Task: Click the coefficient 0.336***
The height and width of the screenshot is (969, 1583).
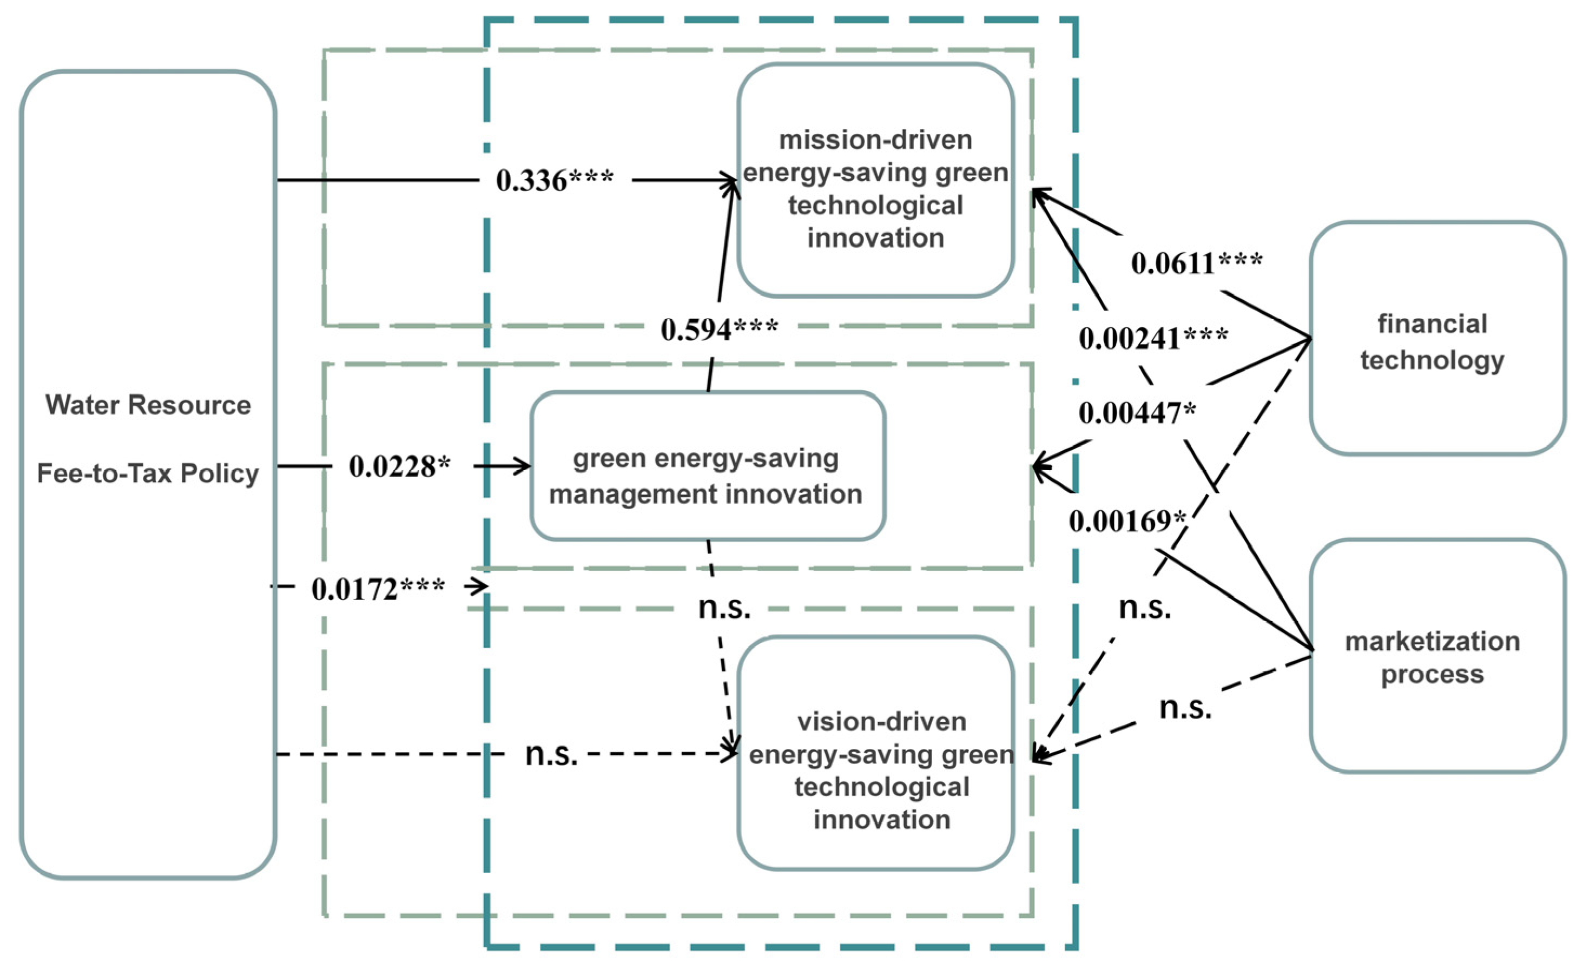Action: (x=555, y=181)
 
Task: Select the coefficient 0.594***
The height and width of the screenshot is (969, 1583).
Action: (x=719, y=330)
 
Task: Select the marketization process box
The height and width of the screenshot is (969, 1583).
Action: (x=1436, y=657)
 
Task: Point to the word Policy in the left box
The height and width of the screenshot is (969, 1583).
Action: (x=219, y=473)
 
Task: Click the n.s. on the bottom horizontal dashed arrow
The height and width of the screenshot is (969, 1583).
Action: (x=551, y=754)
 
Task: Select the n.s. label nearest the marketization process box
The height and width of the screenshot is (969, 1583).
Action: (x=1185, y=708)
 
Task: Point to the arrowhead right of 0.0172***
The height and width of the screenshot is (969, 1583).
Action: (x=480, y=586)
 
